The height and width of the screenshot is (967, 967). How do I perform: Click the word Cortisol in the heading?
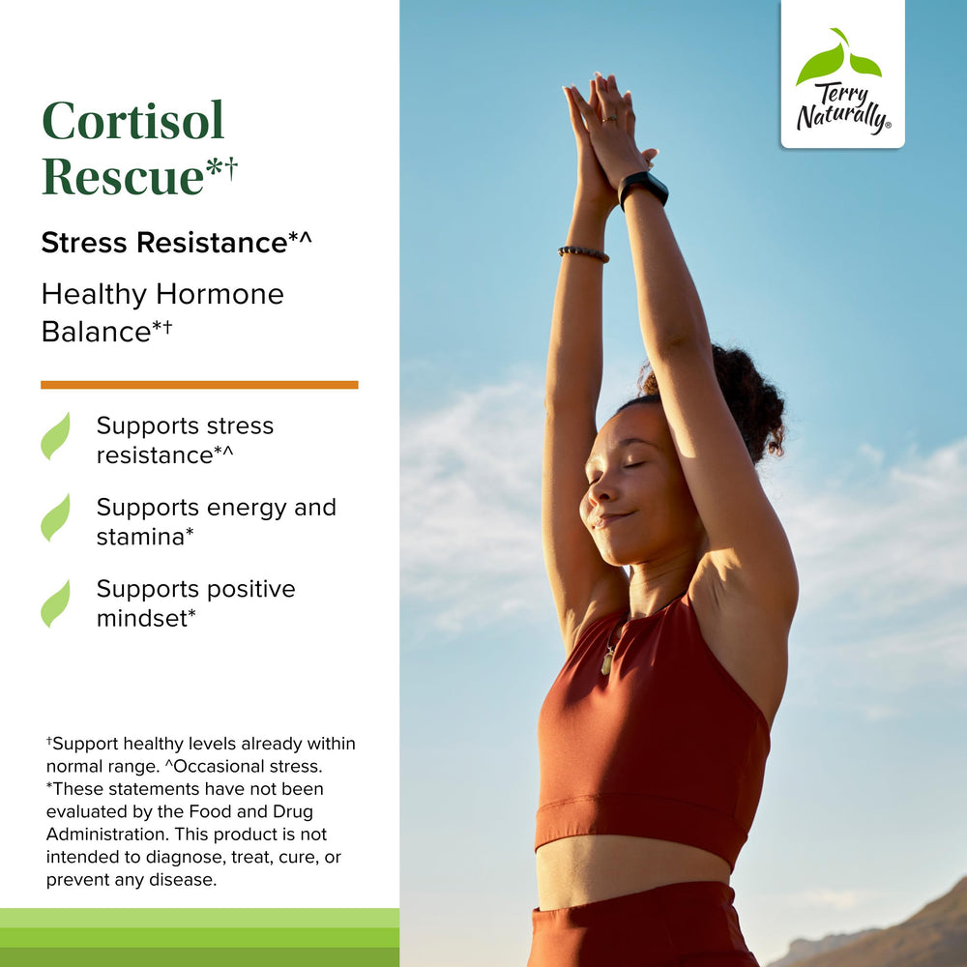(133, 121)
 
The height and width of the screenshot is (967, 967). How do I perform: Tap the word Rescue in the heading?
(123, 176)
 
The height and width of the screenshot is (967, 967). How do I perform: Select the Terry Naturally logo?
(842, 74)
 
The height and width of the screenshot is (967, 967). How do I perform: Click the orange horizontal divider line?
(199, 385)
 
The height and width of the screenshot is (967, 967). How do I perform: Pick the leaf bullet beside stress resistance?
(55, 436)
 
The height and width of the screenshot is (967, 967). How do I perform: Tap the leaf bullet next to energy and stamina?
(55, 517)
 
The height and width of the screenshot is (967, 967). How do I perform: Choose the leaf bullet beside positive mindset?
(55, 603)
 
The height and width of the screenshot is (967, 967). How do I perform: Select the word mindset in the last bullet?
(141, 618)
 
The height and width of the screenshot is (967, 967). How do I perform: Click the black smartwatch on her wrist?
(643, 187)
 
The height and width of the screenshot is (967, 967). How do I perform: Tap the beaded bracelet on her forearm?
(583, 253)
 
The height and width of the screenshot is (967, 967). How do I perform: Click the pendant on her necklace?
(607, 661)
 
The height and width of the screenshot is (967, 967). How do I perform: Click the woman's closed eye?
(633, 464)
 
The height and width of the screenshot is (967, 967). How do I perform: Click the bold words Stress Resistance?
(163, 243)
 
